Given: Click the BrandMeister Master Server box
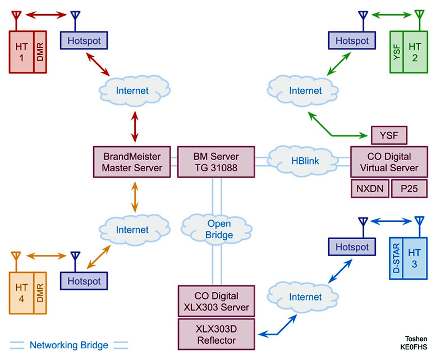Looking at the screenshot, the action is coord(132,162).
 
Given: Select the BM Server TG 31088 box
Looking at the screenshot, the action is coord(216,162).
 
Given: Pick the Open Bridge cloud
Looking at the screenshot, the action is coord(217,229).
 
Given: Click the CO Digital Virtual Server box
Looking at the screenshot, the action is coord(389,162).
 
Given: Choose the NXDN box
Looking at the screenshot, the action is coord(370,189).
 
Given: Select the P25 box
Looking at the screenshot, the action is coord(409,189).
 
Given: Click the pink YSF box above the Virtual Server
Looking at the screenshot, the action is coord(389,135).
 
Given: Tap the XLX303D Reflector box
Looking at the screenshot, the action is coord(217,334).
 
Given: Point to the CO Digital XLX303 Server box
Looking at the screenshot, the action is coord(217,301).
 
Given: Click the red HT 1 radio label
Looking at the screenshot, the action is coord(21,52).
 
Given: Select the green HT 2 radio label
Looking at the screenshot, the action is coord(415,52).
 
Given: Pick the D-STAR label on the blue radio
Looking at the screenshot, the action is coord(396,258).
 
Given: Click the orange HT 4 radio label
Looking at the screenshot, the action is coord(21,293).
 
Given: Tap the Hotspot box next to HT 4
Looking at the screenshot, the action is coord(84,281).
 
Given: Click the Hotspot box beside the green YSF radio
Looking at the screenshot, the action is coord(352,40).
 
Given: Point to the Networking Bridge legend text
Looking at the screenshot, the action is coord(68,345).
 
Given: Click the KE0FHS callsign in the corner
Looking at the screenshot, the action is coord(414,347).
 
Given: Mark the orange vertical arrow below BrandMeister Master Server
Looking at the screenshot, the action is coord(135,197).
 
